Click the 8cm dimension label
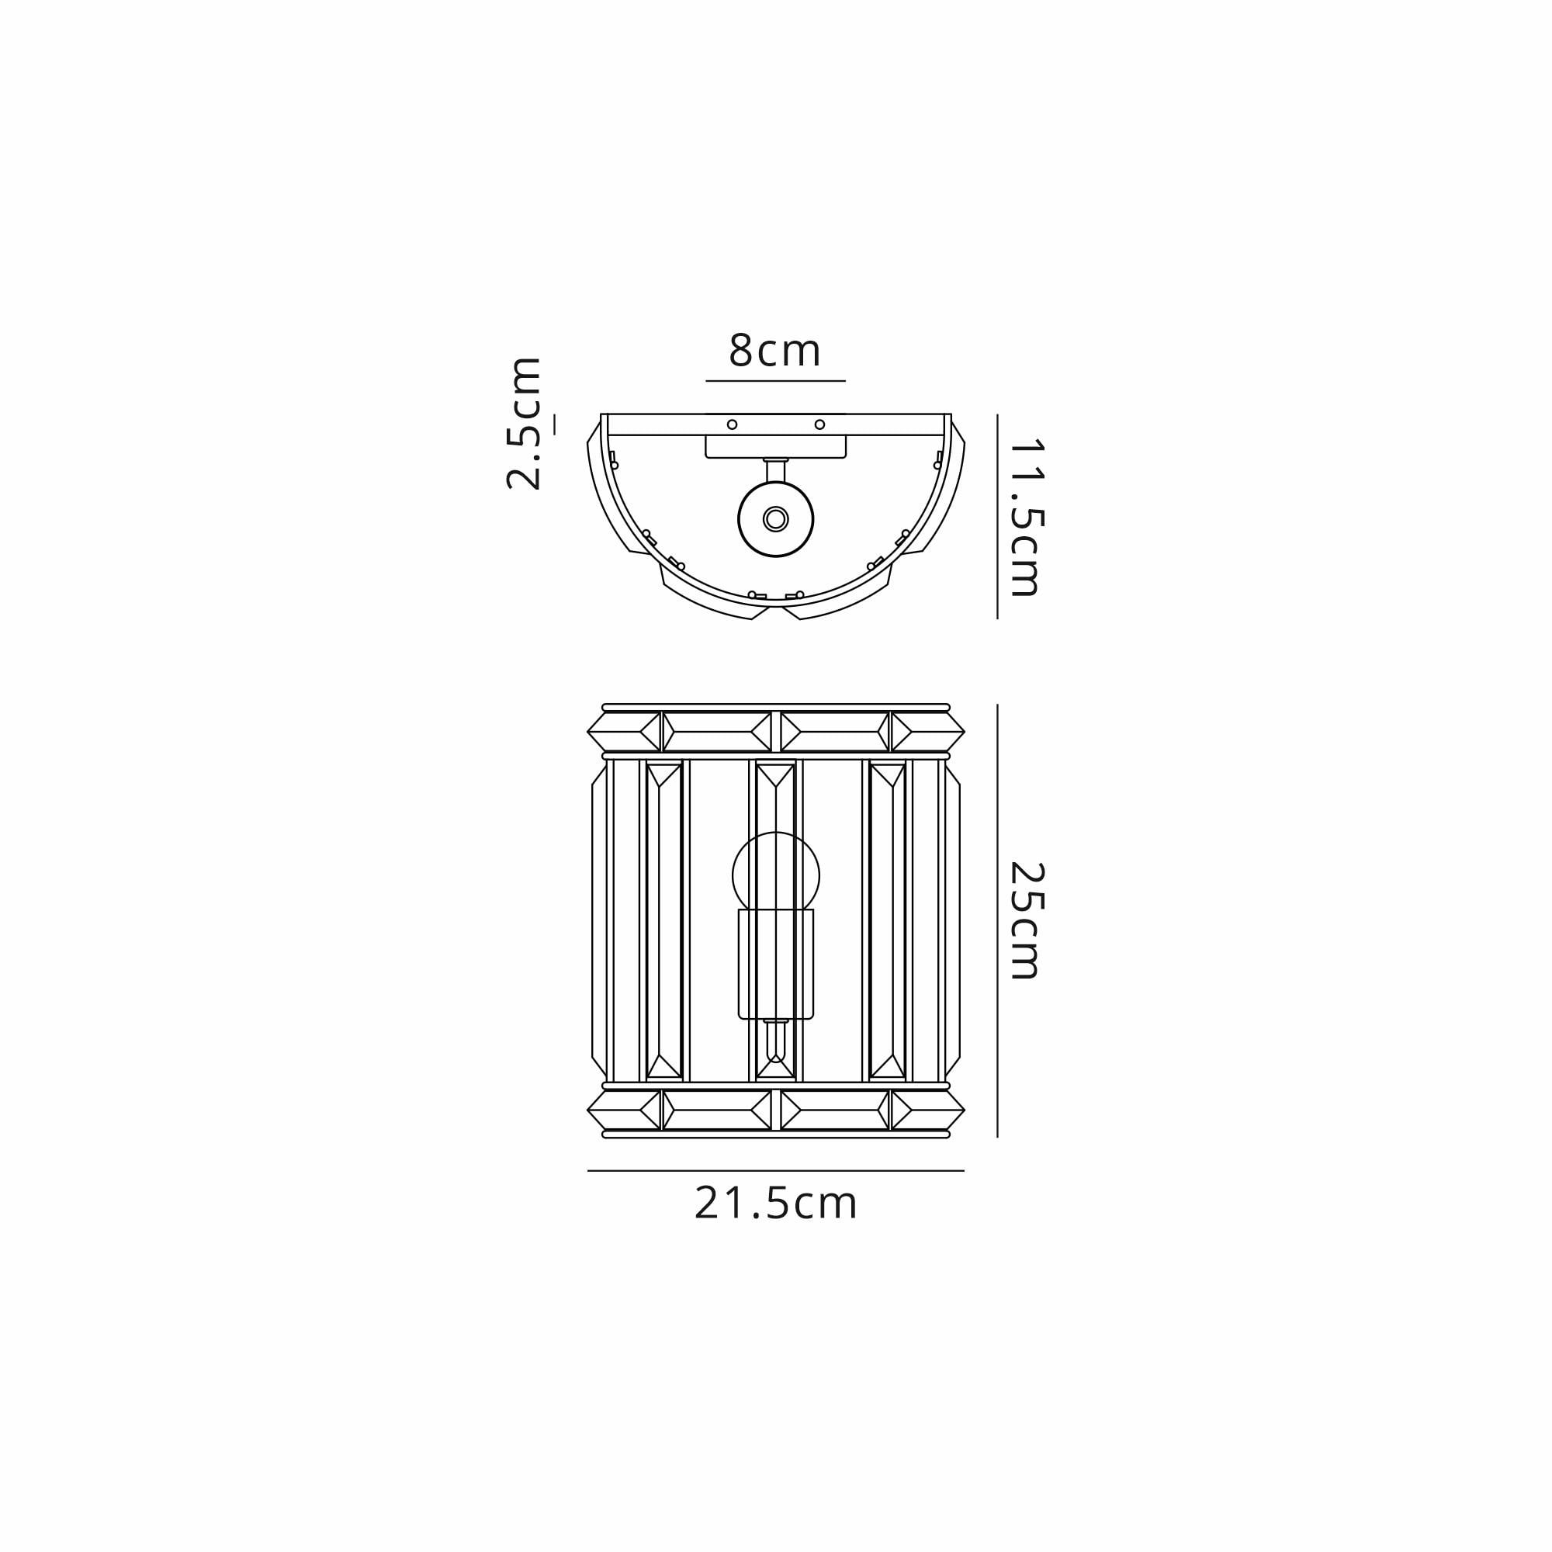click(774, 351)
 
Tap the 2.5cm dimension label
click(523, 424)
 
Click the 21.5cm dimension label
click(776, 1226)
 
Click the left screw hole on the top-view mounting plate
click(732, 424)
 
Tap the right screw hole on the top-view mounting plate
click(819, 424)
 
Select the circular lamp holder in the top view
click(775, 519)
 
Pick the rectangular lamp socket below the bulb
click(775, 963)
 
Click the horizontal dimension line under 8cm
click(775, 381)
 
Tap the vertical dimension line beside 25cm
click(997, 920)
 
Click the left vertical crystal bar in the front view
click(664, 920)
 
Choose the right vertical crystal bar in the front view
click(888, 920)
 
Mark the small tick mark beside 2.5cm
click(554, 424)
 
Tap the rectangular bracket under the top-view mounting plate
click(775, 447)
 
